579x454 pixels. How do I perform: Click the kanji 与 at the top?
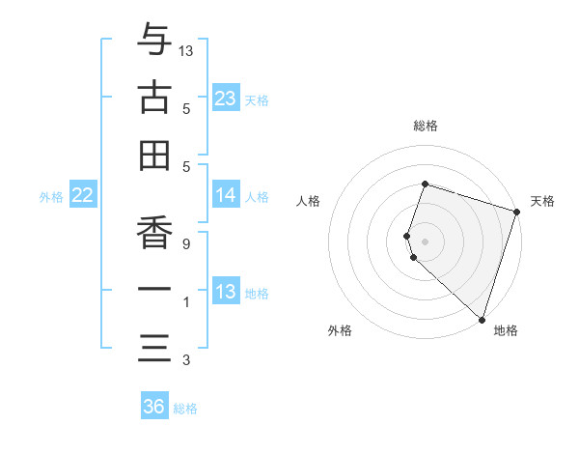pos(154,41)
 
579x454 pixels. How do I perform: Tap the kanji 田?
pos(154,155)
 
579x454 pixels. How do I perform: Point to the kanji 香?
pos(154,231)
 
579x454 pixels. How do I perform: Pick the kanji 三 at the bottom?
pos(154,347)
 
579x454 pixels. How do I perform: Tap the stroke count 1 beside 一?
pos(185,302)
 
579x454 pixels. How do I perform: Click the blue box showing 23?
pos(226,98)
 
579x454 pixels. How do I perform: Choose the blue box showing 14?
pos(226,195)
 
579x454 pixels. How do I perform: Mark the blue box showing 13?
pos(226,292)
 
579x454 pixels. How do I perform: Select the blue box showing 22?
pos(83,195)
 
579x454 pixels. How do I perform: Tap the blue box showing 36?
pos(153,407)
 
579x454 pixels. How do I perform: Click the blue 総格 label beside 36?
pos(185,409)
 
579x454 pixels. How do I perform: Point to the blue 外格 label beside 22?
pos(51,197)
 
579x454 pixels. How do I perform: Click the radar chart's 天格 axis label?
pos(542,201)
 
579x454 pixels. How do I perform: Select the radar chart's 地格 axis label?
pos(506,330)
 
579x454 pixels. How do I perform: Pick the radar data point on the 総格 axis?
pos(425,184)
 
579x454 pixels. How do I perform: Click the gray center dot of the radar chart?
pos(425,241)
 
